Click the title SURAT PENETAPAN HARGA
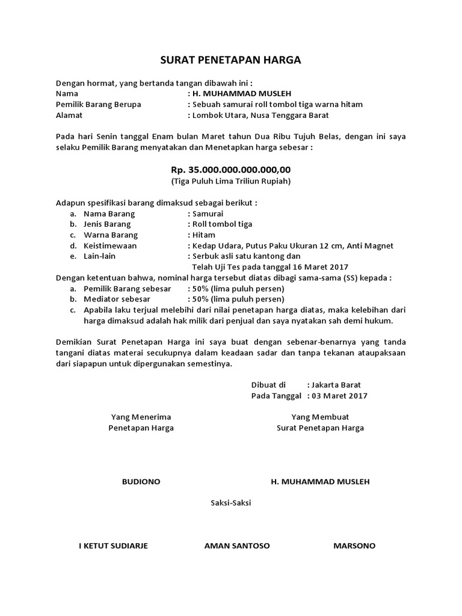231,60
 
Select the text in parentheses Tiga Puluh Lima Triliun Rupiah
231,181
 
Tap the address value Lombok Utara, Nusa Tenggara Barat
260,115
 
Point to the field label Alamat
69,115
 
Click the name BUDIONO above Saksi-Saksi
141,482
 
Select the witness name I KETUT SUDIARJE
114,546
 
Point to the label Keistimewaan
110,245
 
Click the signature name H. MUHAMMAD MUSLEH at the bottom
320,482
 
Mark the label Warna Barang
111,235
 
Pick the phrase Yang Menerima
141,417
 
